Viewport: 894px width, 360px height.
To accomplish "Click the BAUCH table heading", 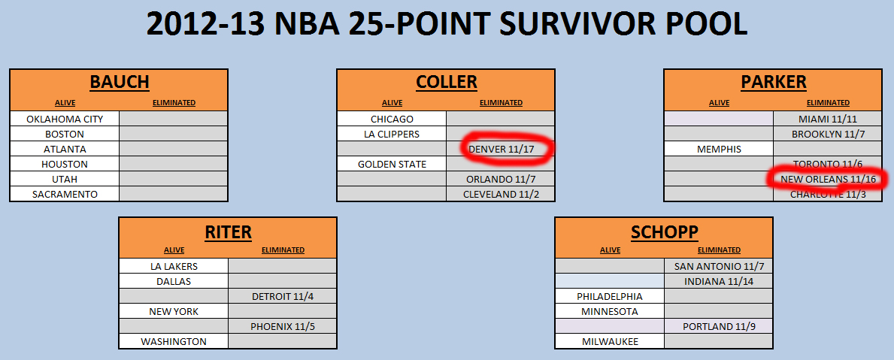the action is [x=119, y=82].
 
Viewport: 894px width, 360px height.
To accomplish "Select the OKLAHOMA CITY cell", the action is [x=65, y=119].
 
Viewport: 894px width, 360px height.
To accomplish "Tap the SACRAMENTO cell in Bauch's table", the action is [x=65, y=194].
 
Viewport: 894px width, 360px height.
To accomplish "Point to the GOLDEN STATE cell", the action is [x=392, y=164].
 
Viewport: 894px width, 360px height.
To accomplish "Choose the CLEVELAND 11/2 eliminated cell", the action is [x=501, y=194].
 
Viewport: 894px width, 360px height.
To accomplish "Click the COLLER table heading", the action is [x=446, y=82].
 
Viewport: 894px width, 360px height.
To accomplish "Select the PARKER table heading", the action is [x=774, y=82].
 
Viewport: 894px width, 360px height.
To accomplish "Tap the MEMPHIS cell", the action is [x=719, y=150].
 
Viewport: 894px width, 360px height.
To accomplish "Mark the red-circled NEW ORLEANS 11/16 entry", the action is [x=828, y=180].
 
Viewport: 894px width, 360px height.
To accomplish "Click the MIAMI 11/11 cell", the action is [x=828, y=119].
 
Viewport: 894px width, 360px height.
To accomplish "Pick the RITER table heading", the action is [x=228, y=231].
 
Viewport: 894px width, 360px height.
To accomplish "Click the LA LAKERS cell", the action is [x=174, y=266].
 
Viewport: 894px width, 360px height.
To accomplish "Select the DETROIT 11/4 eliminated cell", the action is [x=283, y=296].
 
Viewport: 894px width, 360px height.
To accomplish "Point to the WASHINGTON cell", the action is [x=174, y=342].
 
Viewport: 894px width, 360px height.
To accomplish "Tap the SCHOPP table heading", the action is [x=664, y=231].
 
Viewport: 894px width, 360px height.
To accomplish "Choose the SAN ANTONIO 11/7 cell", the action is [x=718, y=266].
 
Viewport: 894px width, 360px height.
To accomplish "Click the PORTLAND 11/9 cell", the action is [x=718, y=326].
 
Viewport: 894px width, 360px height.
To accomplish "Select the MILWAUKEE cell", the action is [x=610, y=342].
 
